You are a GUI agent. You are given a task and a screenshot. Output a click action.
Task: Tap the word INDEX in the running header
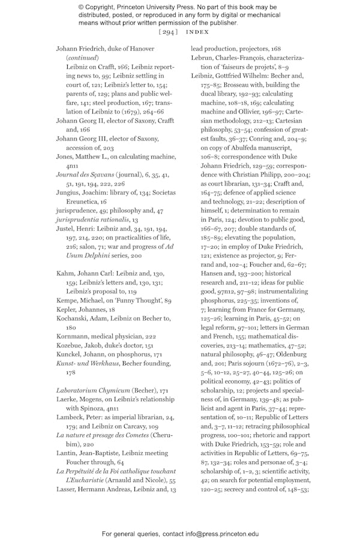coord(197,32)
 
